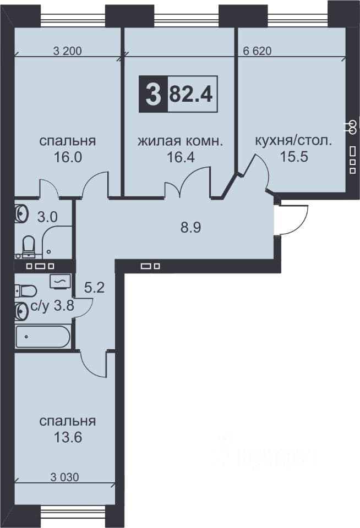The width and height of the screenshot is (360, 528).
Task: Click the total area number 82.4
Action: [191, 94]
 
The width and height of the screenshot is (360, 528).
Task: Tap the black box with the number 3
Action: [154, 94]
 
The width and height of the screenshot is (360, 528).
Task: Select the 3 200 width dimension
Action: [67, 51]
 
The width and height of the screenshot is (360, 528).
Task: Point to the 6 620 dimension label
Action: [257, 51]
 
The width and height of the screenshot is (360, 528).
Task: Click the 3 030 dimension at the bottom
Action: [65, 477]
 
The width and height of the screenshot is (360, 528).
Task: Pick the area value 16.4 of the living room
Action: [181, 157]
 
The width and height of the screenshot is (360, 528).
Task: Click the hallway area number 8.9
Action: [191, 228]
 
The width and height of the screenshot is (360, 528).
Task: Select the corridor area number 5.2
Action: [94, 288]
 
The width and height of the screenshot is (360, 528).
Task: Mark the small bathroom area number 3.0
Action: [47, 217]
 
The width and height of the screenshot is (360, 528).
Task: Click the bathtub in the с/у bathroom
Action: [43, 337]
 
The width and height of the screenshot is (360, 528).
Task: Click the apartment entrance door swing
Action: [292, 219]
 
